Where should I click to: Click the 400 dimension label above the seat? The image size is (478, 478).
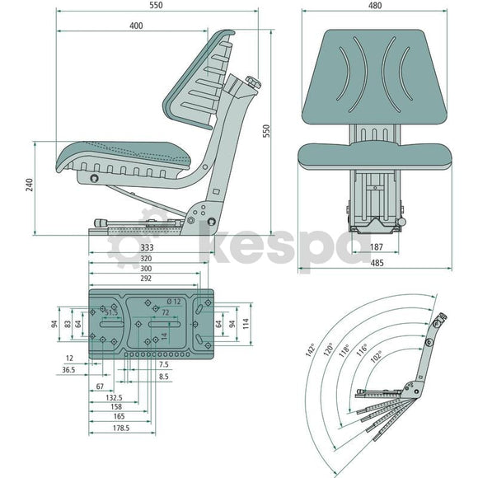click(x=136, y=26)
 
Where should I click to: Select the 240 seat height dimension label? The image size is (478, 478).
click(x=30, y=185)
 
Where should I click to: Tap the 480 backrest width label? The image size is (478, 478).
click(x=375, y=6)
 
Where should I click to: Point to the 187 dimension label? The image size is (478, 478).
click(x=376, y=246)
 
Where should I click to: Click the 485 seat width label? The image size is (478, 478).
click(x=377, y=263)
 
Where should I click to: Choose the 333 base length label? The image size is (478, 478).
click(x=147, y=248)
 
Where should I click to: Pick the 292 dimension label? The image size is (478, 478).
click(x=146, y=279)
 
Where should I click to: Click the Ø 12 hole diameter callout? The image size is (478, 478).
click(x=174, y=302)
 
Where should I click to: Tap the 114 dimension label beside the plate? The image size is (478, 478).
click(x=246, y=323)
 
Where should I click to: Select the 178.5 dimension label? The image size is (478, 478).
click(x=121, y=428)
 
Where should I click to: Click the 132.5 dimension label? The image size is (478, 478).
click(x=114, y=397)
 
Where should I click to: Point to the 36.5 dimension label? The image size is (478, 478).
click(x=68, y=370)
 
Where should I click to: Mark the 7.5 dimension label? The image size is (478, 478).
click(x=164, y=364)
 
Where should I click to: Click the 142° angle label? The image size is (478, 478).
click(x=311, y=350)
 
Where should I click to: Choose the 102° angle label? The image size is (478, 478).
click(x=376, y=357)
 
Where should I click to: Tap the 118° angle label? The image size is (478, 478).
click(x=344, y=350)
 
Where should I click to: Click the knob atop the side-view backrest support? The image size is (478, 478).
click(x=253, y=82)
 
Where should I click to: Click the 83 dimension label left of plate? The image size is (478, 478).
click(x=68, y=324)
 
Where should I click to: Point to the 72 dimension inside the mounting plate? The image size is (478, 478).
click(x=165, y=312)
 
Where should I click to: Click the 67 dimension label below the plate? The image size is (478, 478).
click(x=100, y=387)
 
